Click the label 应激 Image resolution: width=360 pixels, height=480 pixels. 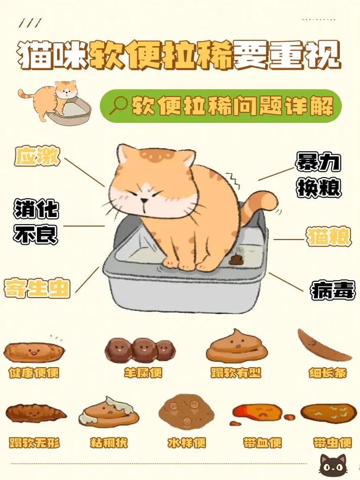point(37,157)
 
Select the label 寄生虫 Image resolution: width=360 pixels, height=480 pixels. point(37,288)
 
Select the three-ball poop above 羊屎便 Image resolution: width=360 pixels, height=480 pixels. point(139,348)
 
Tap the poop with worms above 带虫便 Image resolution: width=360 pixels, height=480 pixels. point(328,413)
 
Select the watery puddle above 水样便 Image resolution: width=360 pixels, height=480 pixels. point(186,411)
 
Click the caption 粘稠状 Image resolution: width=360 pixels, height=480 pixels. point(109,443)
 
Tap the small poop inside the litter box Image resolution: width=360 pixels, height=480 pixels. point(236,260)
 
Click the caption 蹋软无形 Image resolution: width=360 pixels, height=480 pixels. point(34,443)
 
